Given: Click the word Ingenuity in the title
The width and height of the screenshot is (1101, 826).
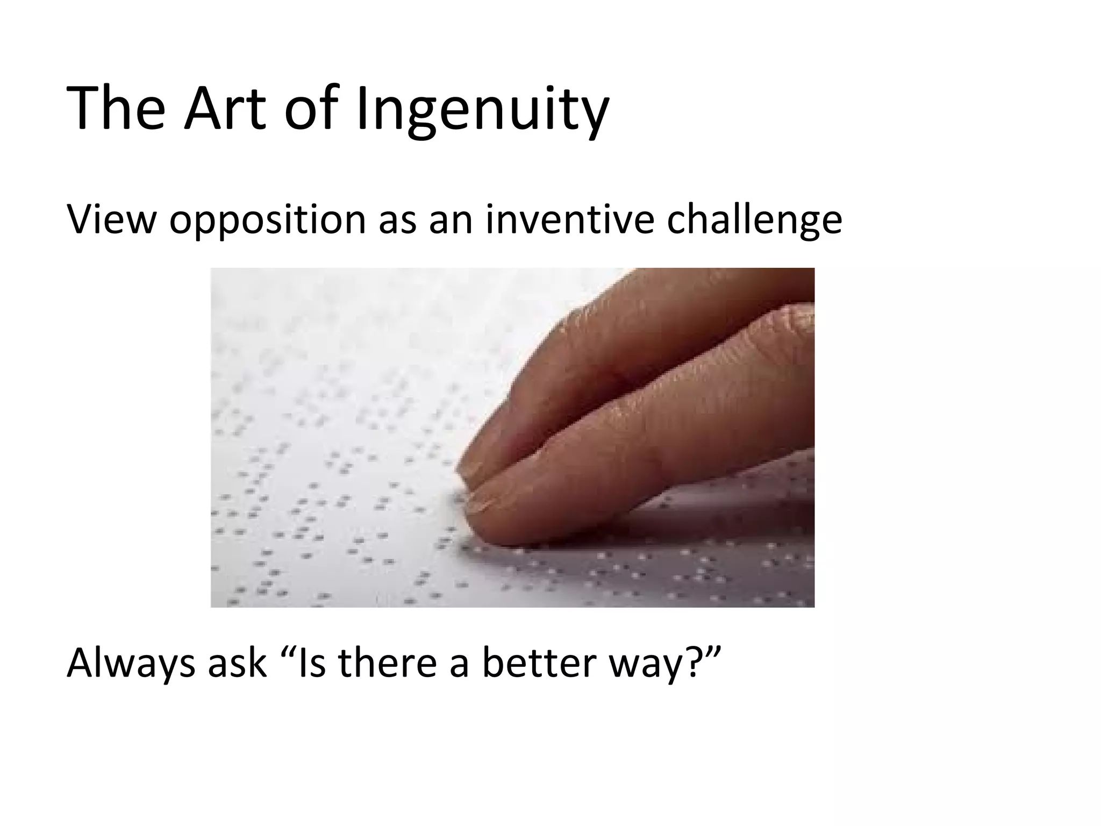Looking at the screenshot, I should (482, 110).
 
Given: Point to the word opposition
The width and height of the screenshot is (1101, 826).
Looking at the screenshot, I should (267, 220).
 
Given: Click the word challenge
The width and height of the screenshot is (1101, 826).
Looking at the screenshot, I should (754, 220).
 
